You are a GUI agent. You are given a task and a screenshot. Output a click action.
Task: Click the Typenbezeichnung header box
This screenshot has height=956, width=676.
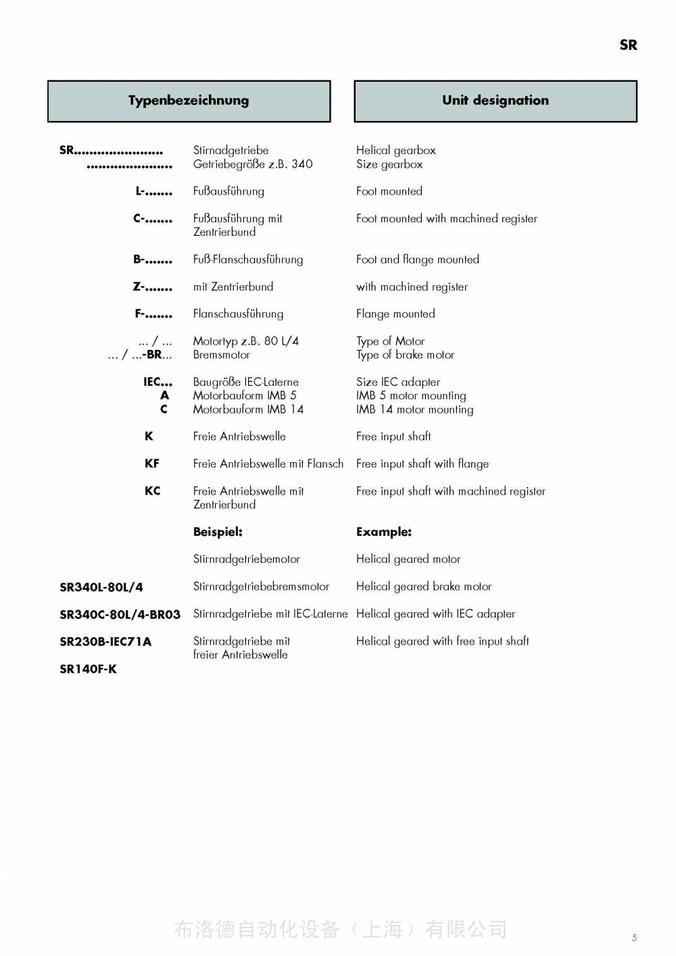click(x=189, y=101)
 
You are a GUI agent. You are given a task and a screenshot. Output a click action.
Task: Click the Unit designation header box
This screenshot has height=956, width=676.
click(x=496, y=101)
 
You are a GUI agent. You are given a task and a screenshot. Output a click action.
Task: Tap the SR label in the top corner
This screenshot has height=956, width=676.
click(x=628, y=45)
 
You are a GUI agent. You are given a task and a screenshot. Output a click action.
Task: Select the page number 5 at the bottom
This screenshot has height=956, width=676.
click(x=634, y=937)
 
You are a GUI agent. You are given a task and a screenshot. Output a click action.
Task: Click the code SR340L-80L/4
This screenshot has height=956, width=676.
click(x=101, y=587)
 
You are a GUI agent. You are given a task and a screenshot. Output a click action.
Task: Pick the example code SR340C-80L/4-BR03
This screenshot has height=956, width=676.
click(x=120, y=615)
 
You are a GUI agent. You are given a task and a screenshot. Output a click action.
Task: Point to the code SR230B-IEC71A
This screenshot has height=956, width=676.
click(x=105, y=642)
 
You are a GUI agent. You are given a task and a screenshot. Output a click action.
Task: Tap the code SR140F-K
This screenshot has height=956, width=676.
click(x=88, y=669)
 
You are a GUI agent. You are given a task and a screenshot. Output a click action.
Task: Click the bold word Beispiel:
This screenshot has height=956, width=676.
click(x=218, y=532)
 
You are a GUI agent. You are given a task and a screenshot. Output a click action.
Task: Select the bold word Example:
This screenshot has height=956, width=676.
click(x=383, y=532)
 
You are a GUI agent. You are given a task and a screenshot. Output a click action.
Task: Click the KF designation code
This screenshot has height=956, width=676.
click(x=152, y=463)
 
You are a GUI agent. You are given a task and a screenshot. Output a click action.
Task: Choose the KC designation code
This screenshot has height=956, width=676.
click(x=152, y=491)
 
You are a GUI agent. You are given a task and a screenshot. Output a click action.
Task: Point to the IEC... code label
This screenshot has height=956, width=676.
click(x=158, y=382)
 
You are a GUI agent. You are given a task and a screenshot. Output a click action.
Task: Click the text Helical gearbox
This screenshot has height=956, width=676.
click(x=395, y=150)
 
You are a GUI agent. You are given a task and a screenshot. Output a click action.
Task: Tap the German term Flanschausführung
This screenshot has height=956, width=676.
click(x=238, y=313)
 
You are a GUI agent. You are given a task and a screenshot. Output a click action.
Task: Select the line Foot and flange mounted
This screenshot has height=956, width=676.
click(x=417, y=259)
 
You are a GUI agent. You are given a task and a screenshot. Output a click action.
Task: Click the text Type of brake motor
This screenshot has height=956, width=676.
click(x=405, y=355)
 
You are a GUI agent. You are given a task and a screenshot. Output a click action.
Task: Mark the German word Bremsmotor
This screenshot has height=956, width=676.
click(x=221, y=355)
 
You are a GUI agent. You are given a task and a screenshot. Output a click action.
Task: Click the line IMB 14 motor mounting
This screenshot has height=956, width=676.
click(x=414, y=409)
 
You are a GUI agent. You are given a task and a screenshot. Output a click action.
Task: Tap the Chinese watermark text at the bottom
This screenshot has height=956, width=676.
click(x=340, y=930)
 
